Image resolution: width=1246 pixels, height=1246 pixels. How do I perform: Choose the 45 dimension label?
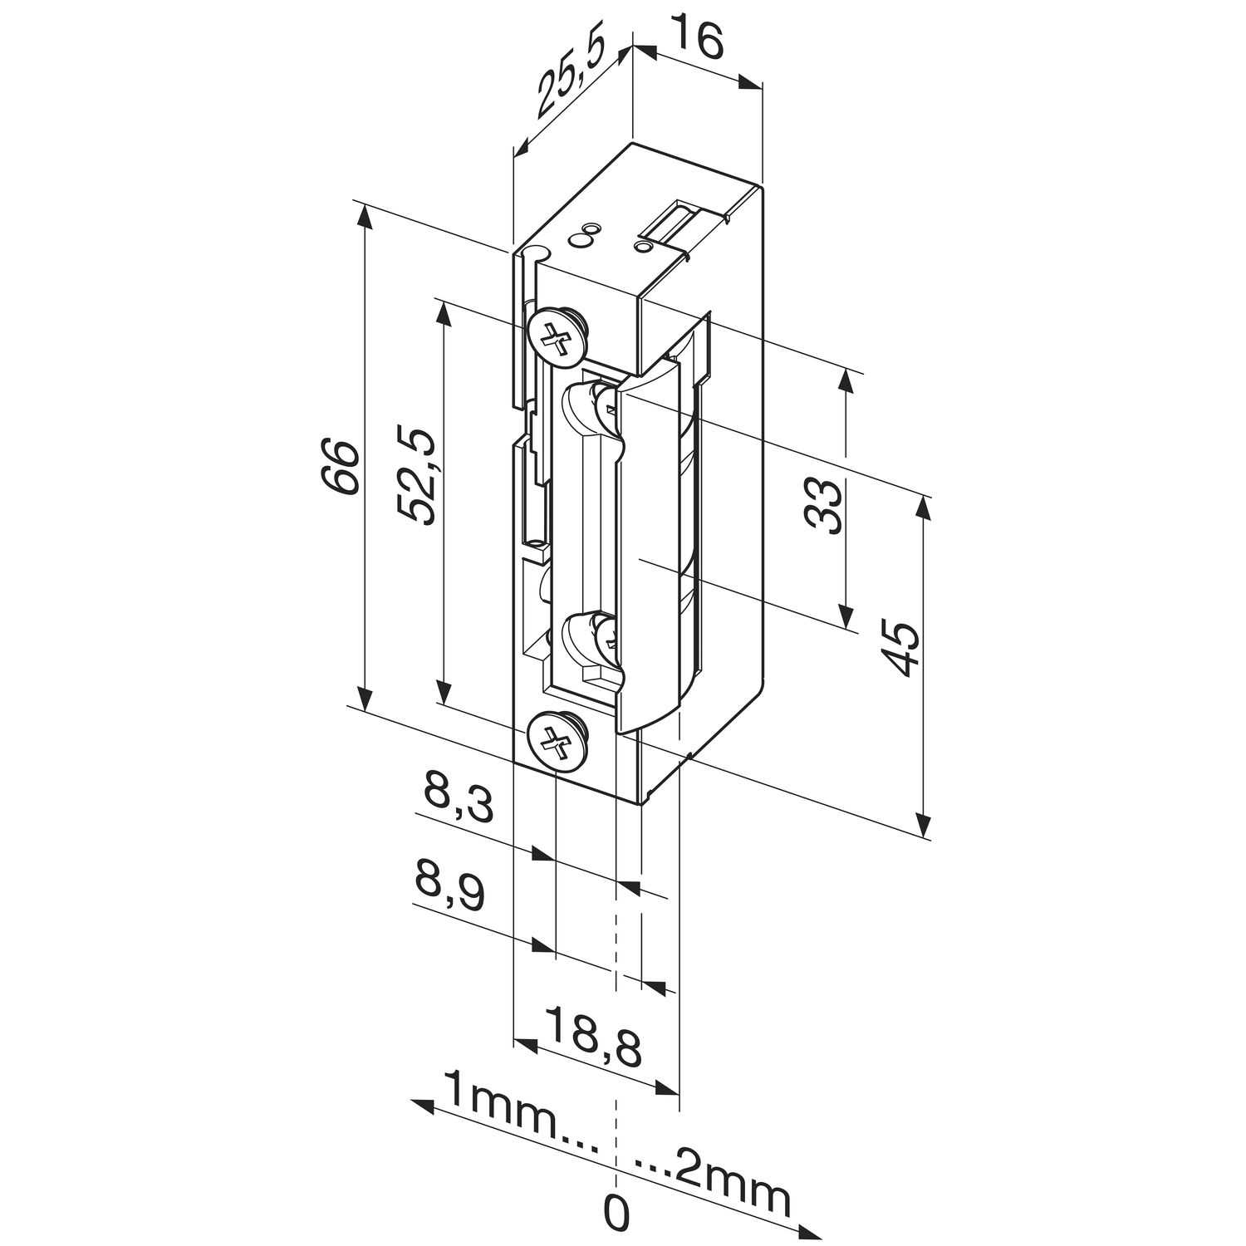click(900, 649)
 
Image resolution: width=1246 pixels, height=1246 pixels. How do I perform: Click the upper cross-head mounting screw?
click(557, 336)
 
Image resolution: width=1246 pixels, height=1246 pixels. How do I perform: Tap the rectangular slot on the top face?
click(676, 223)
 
